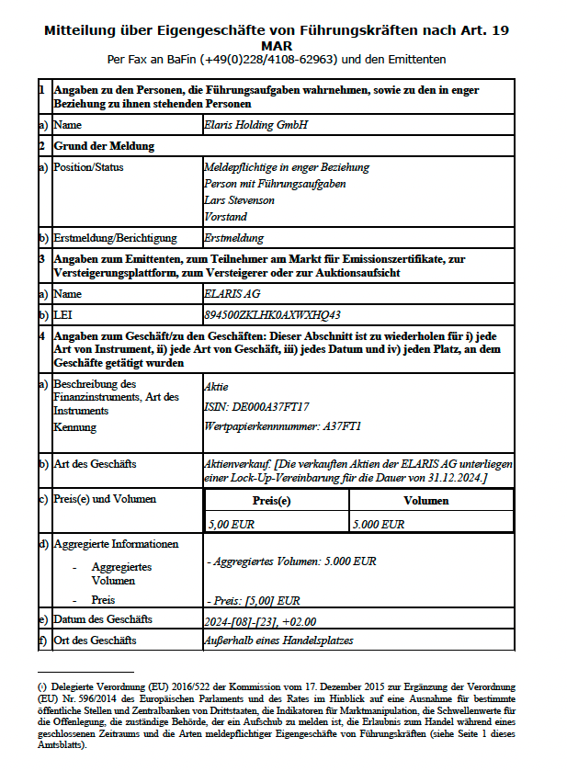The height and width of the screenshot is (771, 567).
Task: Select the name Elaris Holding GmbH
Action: click(x=256, y=124)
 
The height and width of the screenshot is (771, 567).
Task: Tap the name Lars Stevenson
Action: click(x=239, y=200)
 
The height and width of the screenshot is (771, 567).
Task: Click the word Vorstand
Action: click(x=225, y=217)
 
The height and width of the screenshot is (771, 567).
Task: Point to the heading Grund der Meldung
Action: click(x=104, y=145)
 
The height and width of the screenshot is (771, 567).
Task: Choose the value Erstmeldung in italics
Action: click(x=232, y=239)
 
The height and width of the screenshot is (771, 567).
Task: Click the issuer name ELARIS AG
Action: click(x=233, y=295)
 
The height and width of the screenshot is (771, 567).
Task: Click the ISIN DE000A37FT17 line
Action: click(x=256, y=405)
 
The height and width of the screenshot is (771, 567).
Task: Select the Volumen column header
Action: click(x=426, y=501)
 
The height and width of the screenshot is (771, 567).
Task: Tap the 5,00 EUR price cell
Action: click(x=232, y=524)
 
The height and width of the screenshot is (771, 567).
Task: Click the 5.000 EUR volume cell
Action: click(x=379, y=524)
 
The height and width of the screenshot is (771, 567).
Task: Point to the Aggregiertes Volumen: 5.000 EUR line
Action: click(x=291, y=561)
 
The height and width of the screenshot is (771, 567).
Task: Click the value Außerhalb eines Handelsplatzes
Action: click(x=278, y=641)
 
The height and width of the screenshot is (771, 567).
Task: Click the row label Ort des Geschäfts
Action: click(x=95, y=641)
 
